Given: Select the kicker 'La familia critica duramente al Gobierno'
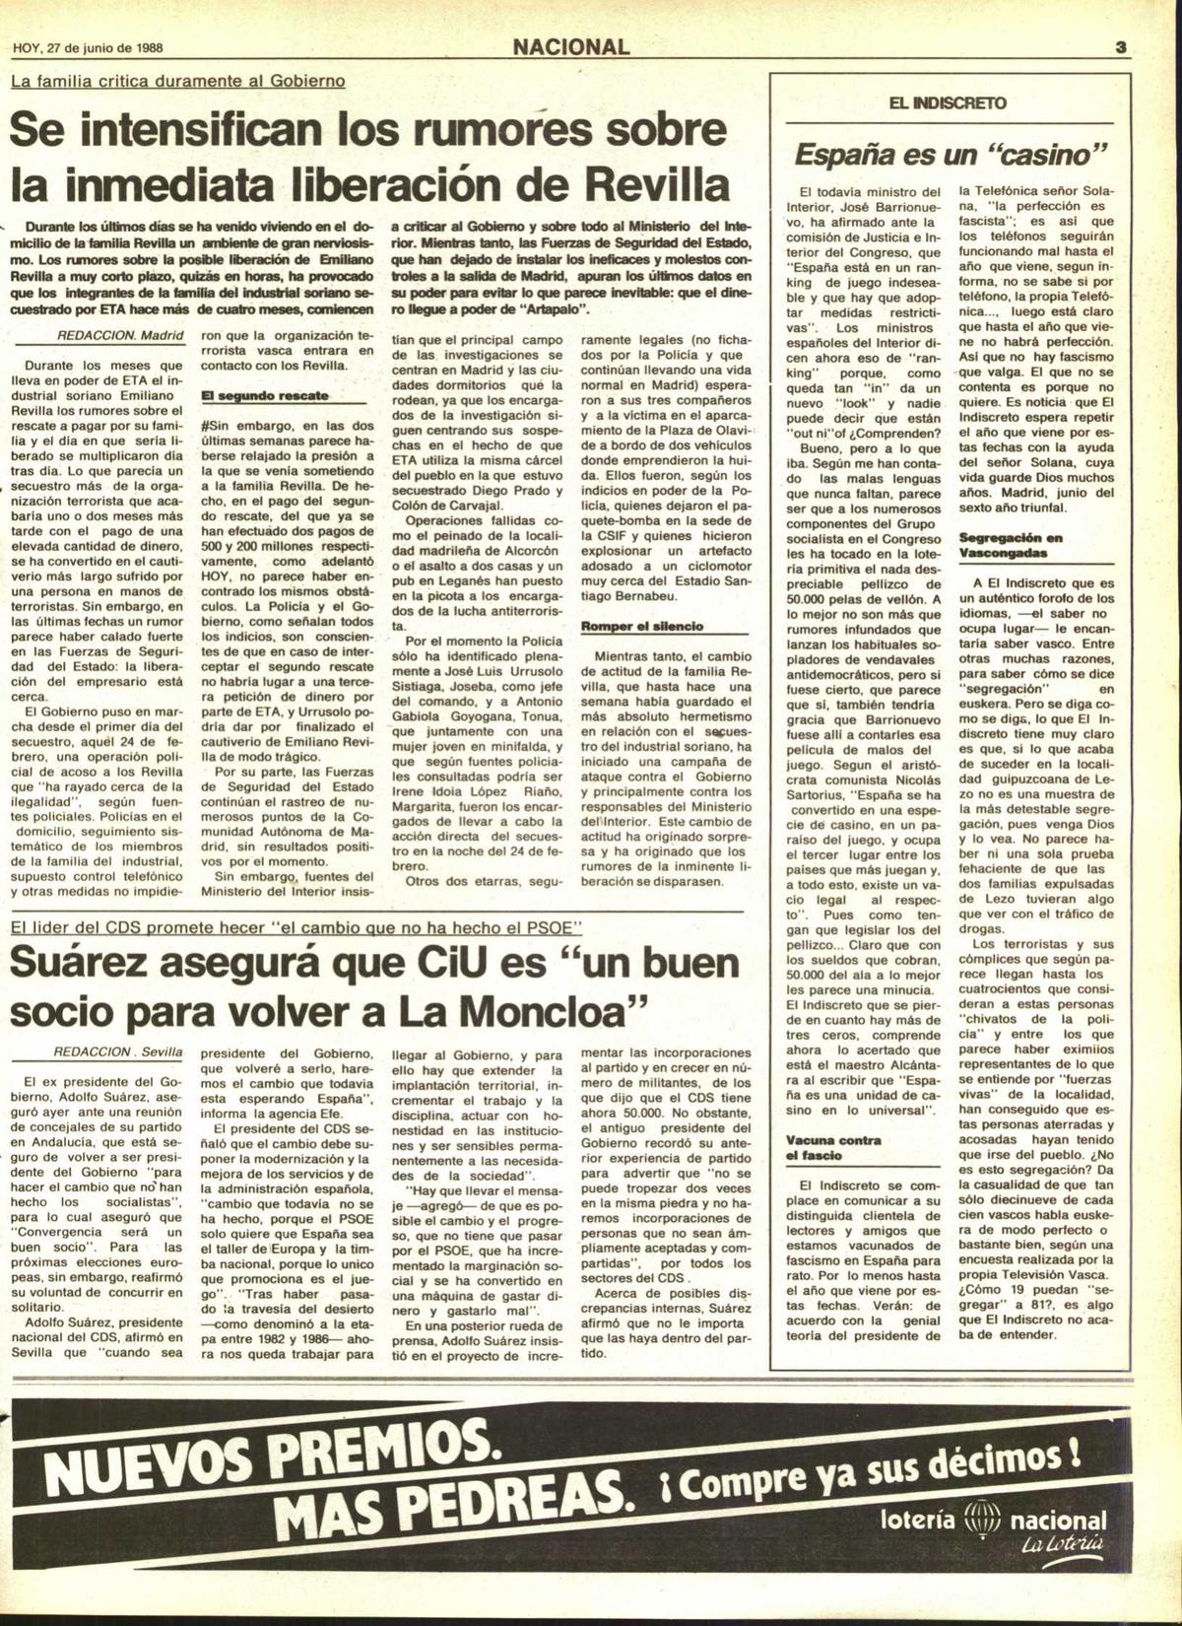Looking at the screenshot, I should pos(177,80).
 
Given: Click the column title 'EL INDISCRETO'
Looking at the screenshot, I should pos(947,102).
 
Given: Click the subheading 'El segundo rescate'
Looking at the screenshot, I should pos(264,395).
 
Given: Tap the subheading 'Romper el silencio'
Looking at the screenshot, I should pos(641,626).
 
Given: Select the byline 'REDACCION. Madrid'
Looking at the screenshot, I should pos(121,335).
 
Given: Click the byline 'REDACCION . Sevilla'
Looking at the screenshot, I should pos(117,1051).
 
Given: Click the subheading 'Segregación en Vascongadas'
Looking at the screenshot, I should pos(1011,545).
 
